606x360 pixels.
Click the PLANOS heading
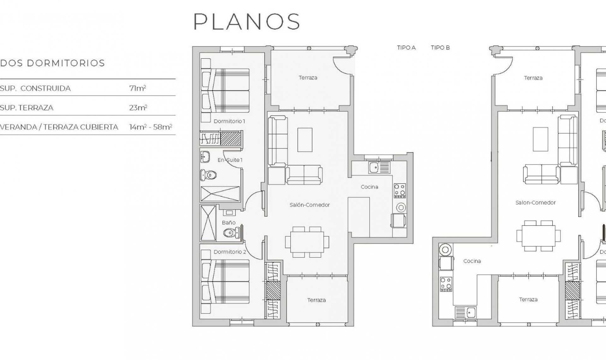coord(247,21)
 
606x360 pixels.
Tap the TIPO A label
coord(406,48)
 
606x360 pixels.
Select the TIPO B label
coord(440,48)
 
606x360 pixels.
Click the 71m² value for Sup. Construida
coord(137,88)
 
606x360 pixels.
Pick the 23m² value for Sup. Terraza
coord(138,108)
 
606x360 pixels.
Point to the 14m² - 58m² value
coord(151,127)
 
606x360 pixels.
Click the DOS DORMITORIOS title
coord(52,63)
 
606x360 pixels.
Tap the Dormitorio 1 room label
coord(229,121)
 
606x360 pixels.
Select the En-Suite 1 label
coord(230,160)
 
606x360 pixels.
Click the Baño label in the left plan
coord(229,223)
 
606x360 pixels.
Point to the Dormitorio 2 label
coord(230,252)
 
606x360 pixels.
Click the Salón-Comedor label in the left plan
coord(310,205)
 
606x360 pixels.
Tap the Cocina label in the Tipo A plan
coord(369,187)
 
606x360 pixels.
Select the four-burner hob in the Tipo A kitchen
coord(400,190)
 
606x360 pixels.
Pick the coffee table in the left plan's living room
coord(305,140)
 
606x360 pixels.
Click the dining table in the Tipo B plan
coord(538,236)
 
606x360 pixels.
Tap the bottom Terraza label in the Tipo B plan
coord(528,299)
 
